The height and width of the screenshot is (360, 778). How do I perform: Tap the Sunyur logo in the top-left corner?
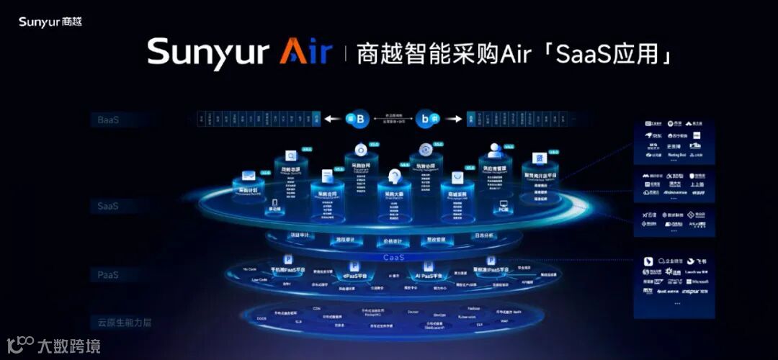point(50,22)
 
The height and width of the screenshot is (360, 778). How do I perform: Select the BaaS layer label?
point(108,120)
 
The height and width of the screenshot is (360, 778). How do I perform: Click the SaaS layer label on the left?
point(108,206)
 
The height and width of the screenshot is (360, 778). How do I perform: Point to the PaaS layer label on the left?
point(108,275)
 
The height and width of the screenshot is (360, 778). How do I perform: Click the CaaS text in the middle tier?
point(393,257)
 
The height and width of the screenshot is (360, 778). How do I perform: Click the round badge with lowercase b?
point(431,118)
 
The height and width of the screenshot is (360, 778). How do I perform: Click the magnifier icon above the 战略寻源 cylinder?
point(292,155)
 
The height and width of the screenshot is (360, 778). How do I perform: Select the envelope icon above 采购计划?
point(248,175)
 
